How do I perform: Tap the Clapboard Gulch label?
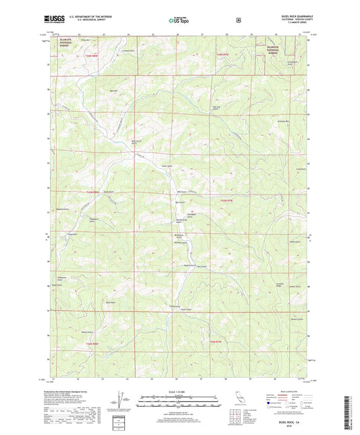point(76,219)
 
